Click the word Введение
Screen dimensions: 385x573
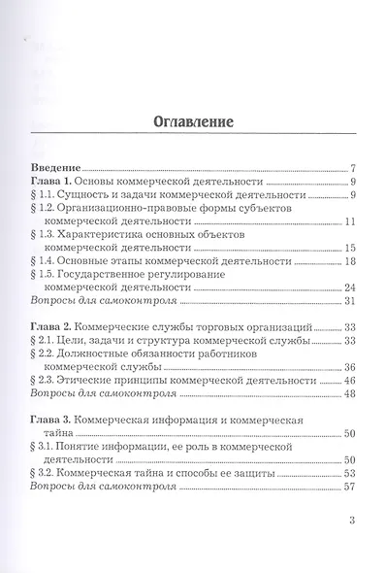click(55, 167)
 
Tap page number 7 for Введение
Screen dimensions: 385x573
click(356, 168)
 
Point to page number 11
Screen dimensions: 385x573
click(352, 221)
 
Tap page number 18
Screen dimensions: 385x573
click(352, 261)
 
